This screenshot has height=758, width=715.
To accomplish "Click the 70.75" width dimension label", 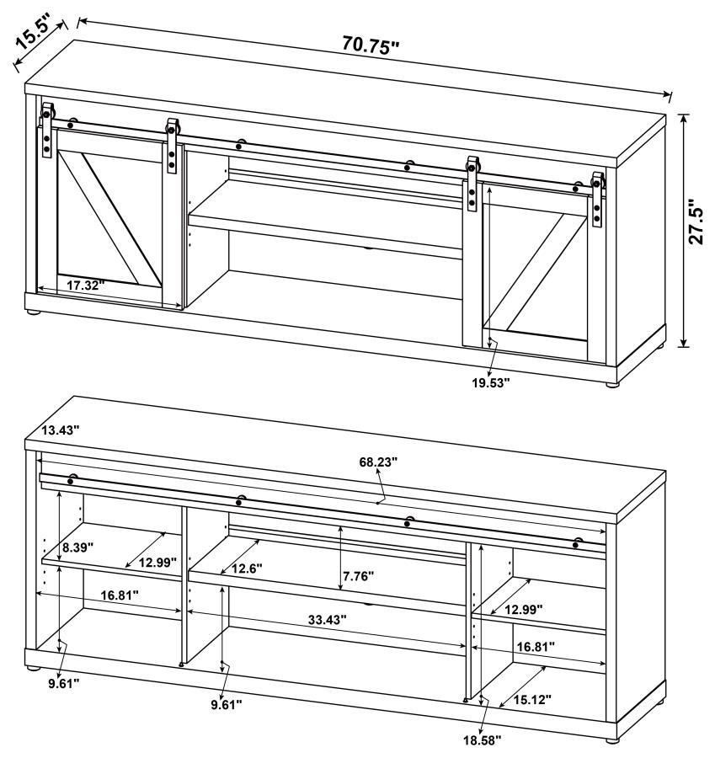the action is click(371, 46).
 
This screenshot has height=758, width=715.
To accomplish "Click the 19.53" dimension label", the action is click(491, 382).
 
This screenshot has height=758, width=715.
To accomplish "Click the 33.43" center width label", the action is click(327, 620).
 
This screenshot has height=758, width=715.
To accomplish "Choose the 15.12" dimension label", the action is click(533, 699).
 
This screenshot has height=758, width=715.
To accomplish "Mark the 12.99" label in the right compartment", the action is click(523, 608).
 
